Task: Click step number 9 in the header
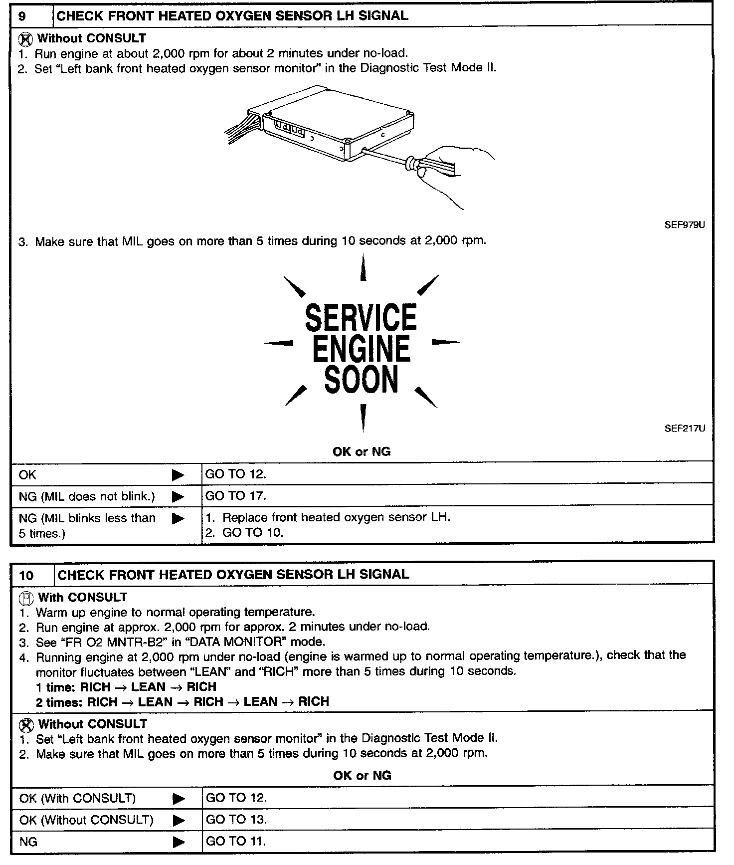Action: (x=22, y=15)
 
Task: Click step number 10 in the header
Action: (x=26, y=576)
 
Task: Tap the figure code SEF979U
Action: (x=685, y=225)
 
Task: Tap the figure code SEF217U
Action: (x=685, y=429)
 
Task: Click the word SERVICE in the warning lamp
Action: (x=361, y=318)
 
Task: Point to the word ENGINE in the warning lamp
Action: (x=361, y=349)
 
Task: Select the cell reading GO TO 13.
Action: (x=236, y=819)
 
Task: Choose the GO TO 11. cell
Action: (x=236, y=841)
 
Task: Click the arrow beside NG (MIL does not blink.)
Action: (x=178, y=497)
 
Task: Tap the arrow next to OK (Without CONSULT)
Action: (x=178, y=820)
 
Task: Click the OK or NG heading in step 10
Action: (x=362, y=775)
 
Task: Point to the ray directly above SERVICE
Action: (x=363, y=268)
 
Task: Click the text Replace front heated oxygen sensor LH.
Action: (x=336, y=517)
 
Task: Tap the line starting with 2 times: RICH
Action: (x=183, y=702)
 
